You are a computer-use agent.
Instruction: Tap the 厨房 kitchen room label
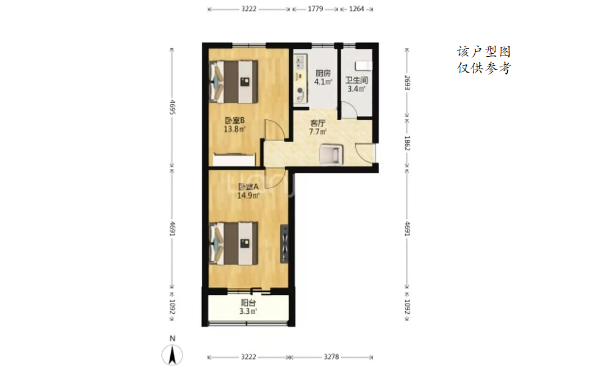click(323, 73)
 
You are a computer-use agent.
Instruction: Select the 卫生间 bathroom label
click(356, 80)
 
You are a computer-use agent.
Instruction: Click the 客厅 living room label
click(317, 123)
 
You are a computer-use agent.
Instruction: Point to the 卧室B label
click(235, 120)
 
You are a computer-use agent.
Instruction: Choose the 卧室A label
click(248, 187)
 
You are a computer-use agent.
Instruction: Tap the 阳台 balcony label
click(248, 303)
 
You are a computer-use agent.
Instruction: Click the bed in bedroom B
click(234, 82)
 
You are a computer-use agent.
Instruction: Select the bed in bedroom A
click(234, 244)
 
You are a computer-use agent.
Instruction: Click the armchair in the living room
click(331, 154)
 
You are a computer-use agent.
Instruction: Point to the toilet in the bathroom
click(364, 65)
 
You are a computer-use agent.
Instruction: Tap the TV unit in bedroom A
click(284, 244)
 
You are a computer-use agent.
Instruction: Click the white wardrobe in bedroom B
click(234, 159)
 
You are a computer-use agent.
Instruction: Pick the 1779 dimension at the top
click(316, 9)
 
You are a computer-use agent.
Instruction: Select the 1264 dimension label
click(356, 9)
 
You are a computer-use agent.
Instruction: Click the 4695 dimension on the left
click(172, 107)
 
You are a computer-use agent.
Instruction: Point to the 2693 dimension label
click(407, 82)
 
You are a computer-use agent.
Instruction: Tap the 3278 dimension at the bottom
click(331, 357)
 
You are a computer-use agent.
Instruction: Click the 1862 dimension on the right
click(407, 143)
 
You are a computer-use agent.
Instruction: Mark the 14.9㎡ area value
click(248, 195)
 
